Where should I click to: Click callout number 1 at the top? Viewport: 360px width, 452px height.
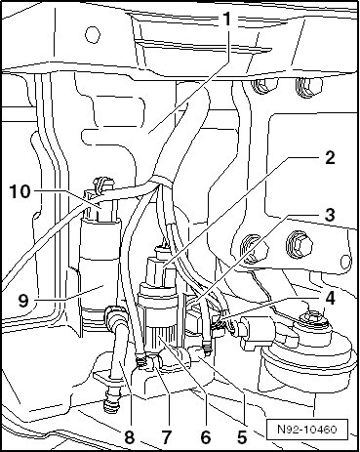226,21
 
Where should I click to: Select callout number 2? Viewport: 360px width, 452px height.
330,158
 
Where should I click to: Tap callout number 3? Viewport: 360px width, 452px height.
330,215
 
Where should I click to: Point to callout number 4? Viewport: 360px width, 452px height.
330,298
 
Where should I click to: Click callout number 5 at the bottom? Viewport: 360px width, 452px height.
242,437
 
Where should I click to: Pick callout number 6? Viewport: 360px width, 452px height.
206,437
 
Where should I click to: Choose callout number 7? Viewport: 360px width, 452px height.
166,437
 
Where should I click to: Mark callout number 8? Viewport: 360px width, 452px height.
129,437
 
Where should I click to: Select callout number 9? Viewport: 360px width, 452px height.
23,301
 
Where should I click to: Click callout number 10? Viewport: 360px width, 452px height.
20,191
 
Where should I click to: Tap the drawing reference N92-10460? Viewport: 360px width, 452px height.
307,429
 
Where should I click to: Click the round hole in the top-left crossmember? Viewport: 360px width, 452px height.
92,34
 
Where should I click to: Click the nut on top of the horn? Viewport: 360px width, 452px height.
315,318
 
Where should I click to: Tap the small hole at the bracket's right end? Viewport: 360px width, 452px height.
346,261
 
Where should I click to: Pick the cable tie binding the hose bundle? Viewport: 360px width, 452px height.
162,182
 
